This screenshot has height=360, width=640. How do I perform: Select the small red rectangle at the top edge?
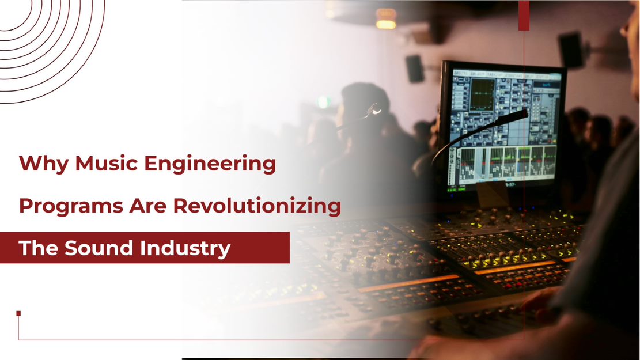524,16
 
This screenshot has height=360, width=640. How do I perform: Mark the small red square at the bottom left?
18,313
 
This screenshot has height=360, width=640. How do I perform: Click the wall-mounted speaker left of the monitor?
415,68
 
